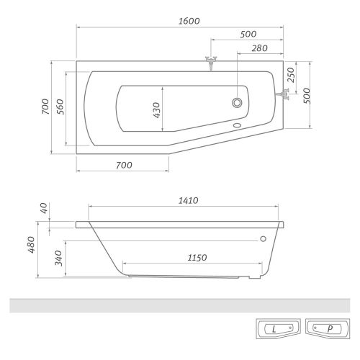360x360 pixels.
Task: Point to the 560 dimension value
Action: coord(61,107)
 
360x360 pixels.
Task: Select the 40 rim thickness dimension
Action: coord(44,208)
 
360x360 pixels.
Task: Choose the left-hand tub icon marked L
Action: coord(274,330)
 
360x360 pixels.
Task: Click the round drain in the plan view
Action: coord(237,103)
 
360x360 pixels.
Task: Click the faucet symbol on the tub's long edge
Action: coord(210,62)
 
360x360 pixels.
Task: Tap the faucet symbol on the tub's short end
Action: coord(289,92)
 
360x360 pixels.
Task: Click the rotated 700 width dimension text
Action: coord(45,107)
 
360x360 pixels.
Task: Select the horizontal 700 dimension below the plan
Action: coord(124,165)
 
